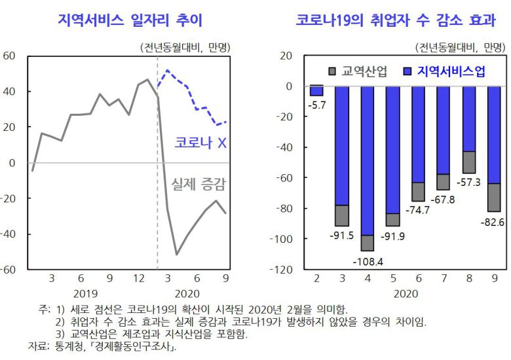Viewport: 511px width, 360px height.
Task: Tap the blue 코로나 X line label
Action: coord(200,143)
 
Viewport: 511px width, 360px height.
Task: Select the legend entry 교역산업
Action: coord(357,71)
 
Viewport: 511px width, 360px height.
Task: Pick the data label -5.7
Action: coord(317,103)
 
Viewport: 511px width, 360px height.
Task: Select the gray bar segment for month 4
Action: coord(368,243)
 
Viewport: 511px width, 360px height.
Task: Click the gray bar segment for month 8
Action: coord(469,162)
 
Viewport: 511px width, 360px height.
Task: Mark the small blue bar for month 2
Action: coord(316,91)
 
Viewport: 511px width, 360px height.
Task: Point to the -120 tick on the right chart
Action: coord(285,270)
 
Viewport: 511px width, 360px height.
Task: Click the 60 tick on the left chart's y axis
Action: coord(9,56)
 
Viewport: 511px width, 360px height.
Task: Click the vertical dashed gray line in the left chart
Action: coord(157,216)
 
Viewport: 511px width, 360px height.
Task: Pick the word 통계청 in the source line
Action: coord(63,346)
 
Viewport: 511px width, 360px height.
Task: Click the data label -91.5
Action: coord(342,236)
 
